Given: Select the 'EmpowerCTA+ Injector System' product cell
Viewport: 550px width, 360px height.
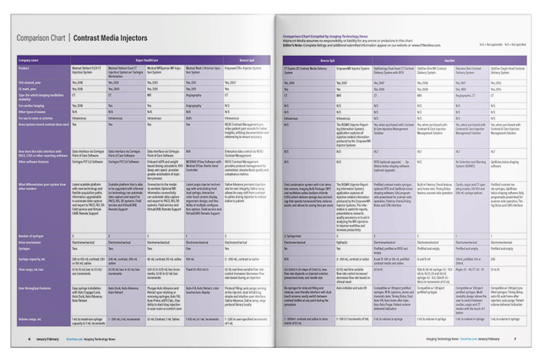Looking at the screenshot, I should click(242, 69).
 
